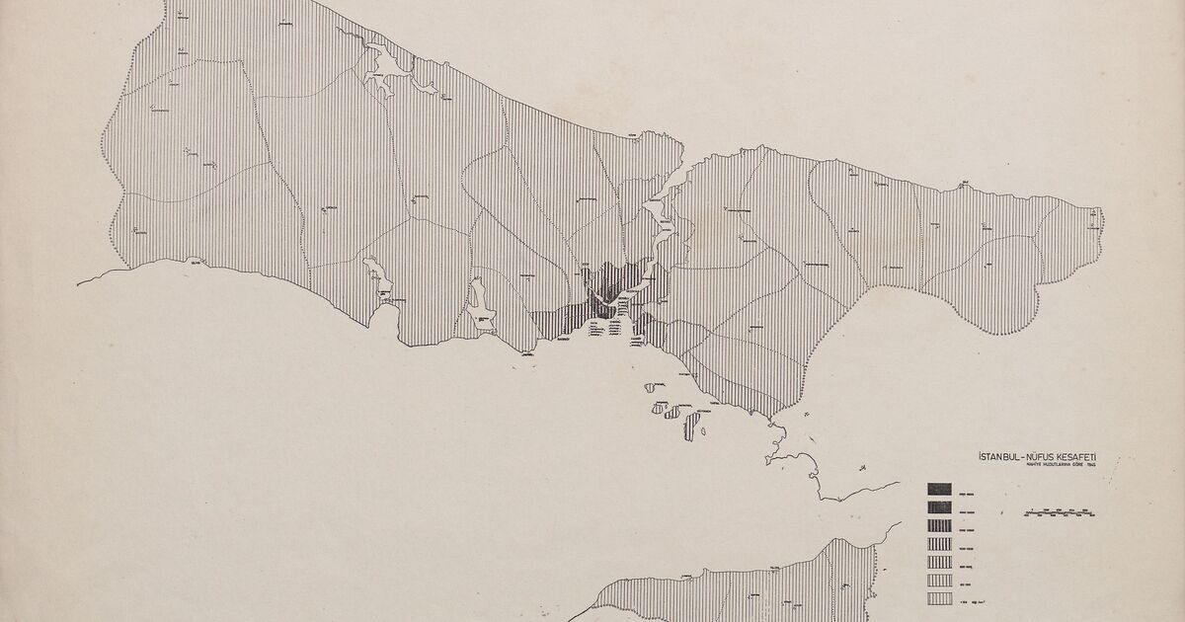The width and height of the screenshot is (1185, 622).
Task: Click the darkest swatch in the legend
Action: pyautogui.click(x=938, y=488)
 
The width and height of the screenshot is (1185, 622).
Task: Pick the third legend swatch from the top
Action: pyautogui.click(x=938, y=525)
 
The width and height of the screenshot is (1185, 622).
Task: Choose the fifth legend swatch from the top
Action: pyautogui.click(x=938, y=562)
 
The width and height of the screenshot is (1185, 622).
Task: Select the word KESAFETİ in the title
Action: pyautogui.click(x=1084, y=456)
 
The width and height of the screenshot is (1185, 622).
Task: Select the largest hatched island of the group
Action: pyautogui.click(x=688, y=425)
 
